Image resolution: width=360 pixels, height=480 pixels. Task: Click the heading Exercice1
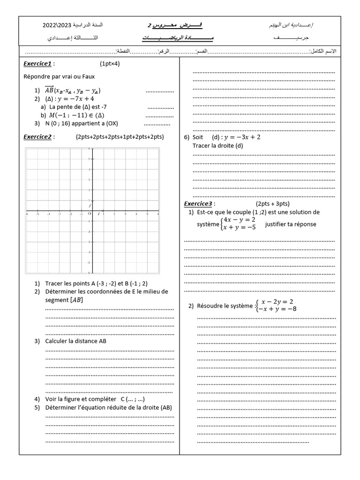38,64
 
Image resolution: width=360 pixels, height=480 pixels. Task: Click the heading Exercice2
38,137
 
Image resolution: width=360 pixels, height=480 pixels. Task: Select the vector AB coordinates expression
73,90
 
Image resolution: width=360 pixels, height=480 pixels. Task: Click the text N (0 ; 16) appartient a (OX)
82,124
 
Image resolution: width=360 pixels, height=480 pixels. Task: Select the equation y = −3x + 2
242,137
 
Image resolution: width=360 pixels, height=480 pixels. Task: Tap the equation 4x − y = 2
239,219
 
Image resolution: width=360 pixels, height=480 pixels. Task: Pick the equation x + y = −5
239,227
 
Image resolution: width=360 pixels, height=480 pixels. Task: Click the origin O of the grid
90,213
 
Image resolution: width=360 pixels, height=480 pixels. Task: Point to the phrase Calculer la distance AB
76,341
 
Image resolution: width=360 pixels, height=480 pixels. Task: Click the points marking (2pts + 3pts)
272,203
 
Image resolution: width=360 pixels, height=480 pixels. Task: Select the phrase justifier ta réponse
290,224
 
